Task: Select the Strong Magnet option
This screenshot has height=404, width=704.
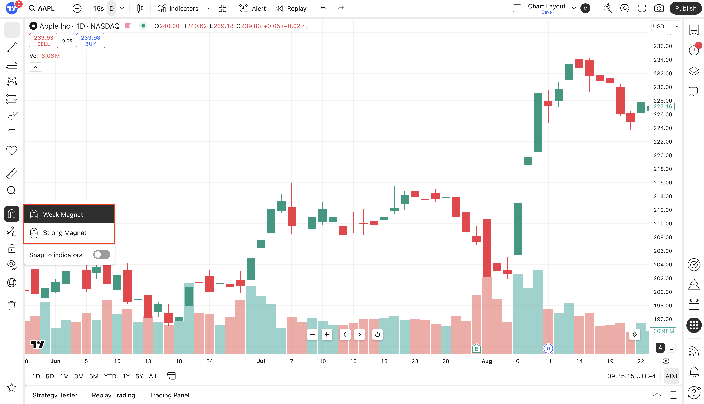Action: (64, 233)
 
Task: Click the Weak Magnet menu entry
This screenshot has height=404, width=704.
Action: (63, 215)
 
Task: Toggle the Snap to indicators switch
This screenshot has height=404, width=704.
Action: (101, 255)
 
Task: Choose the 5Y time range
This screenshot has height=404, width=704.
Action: (139, 376)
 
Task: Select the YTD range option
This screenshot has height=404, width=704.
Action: (110, 376)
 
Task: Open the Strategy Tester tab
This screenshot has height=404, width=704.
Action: (55, 395)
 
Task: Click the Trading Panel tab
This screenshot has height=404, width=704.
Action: (169, 395)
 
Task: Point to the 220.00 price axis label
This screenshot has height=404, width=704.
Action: (663, 155)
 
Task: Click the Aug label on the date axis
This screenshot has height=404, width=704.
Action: (487, 361)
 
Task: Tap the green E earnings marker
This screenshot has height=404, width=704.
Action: (476, 348)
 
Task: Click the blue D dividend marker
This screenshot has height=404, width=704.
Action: (548, 348)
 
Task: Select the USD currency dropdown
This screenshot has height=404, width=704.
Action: (665, 26)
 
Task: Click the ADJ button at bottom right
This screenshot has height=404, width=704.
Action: (671, 376)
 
